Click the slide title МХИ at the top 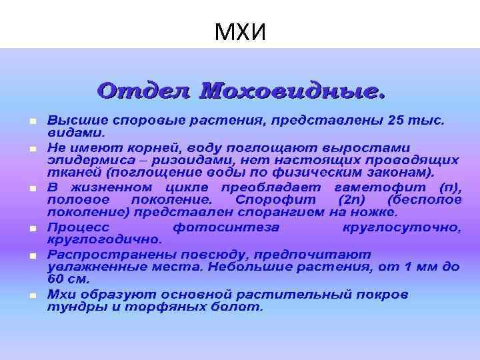pos(240,31)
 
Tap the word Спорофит pos(263,200)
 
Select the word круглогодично pos(103,239)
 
